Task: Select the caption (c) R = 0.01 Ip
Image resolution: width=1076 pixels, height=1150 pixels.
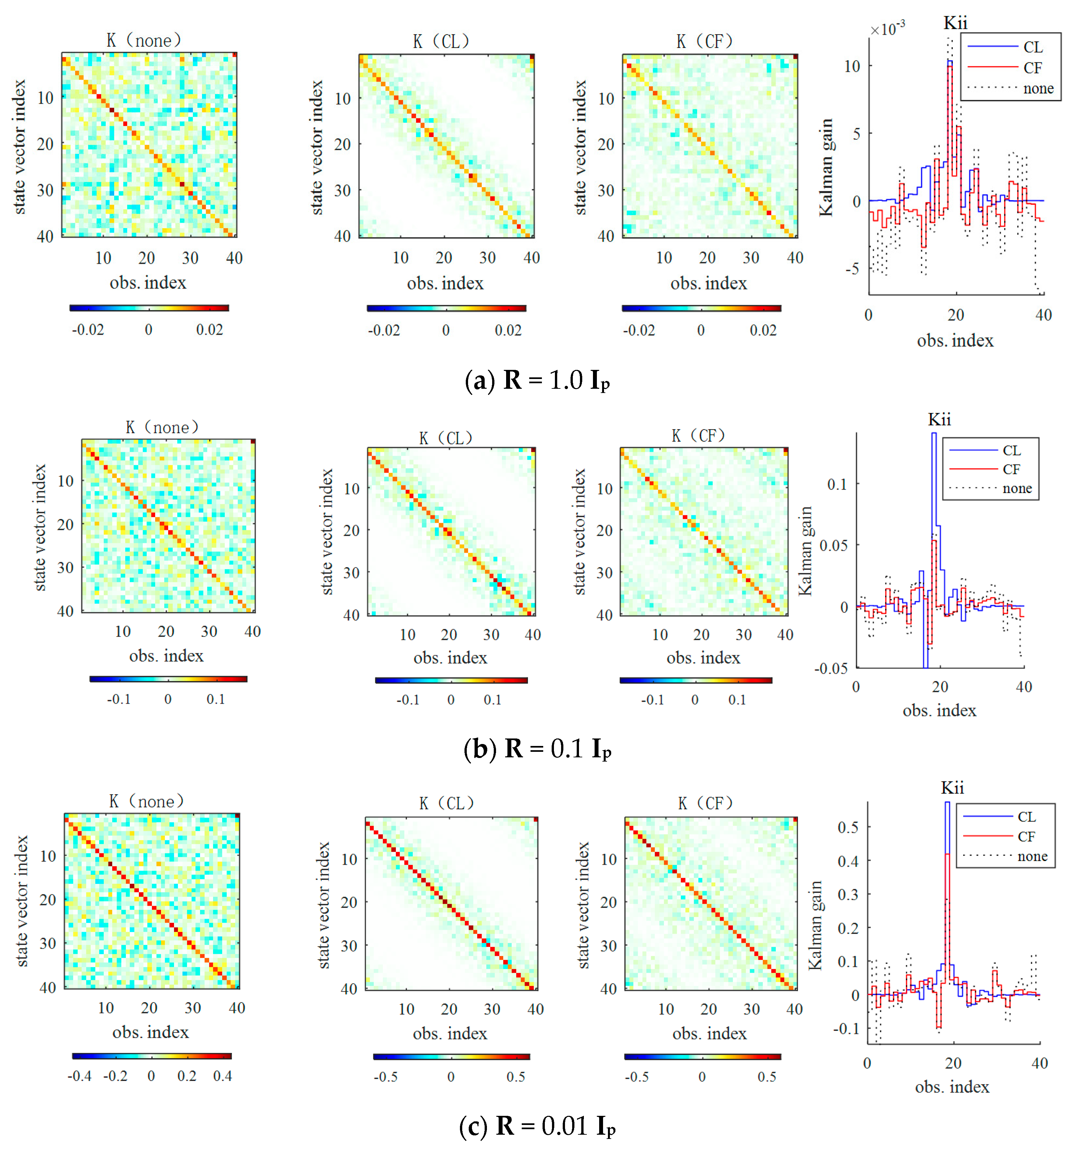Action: click(537, 1126)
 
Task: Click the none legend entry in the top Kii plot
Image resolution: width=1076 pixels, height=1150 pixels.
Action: click(1038, 88)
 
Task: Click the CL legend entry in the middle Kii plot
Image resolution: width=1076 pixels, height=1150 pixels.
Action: click(1011, 450)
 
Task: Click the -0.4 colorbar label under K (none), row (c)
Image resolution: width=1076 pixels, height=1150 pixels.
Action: click(79, 1076)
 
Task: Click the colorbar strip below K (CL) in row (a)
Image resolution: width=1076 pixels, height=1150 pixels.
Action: click(446, 308)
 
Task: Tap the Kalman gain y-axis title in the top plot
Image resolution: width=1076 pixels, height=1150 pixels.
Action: click(826, 168)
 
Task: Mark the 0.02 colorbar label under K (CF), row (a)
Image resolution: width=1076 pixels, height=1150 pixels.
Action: click(763, 330)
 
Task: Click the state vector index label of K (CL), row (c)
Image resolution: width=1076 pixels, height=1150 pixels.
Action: click(324, 905)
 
